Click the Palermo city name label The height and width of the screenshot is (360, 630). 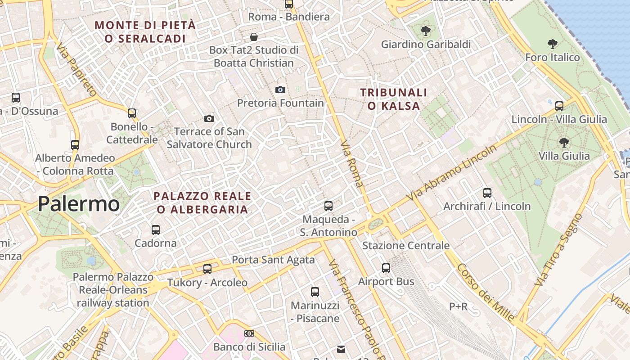pyautogui.click(x=79, y=204)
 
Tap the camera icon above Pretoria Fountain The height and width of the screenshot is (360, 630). pyautogui.click(x=280, y=90)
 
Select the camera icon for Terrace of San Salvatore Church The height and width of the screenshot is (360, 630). pyautogui.click(x=209, y=119)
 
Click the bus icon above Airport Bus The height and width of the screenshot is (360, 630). pyautogui.click(x=386, y=268)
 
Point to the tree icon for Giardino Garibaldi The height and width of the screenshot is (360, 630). pyautogui.click(x=425, y=31)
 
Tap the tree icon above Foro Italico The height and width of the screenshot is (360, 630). pyautogui.click(x=553, y=44)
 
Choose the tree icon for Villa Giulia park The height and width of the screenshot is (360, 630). pyautogui.click(x=564, y=143)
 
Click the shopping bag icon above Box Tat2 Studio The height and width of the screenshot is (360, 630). pyautogui.click(x=254, y=36)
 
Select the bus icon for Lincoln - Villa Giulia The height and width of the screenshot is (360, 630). pyautogui.click(x=559, y=106)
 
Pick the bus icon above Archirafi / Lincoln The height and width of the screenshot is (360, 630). pyautogui.click(x=487, y=193)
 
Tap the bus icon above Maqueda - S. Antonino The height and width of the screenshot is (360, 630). pyautogui.click(x=328, y=206)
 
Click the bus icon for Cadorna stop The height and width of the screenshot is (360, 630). pyautogui.click(x=156, y=230)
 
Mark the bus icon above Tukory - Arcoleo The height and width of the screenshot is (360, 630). pyautogui.click(x=207, y=269)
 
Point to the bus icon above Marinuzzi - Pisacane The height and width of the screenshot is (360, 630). pyautogui.click(x=315, y=292)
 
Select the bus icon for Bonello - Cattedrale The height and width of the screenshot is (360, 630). pyautogui.click(x=132, y=113)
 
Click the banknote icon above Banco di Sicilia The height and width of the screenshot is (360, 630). pyautogui.click(x=249, y=333)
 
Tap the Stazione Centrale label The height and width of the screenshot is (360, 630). pyautogui.click(x=406, y=246)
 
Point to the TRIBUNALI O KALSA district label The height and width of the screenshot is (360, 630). pyautogui.click(x=394, y=99)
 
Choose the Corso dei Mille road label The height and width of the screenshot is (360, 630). pyautogui.click(x=486, y=293)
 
